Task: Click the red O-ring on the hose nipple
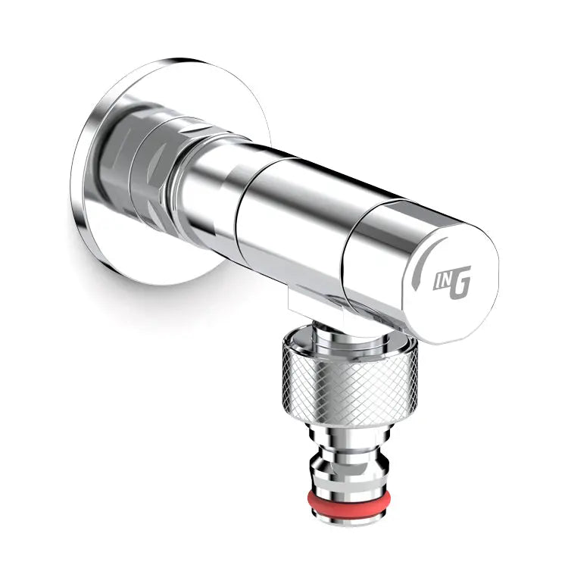click(x=349, y=499)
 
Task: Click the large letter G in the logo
click(x=460, y=282)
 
